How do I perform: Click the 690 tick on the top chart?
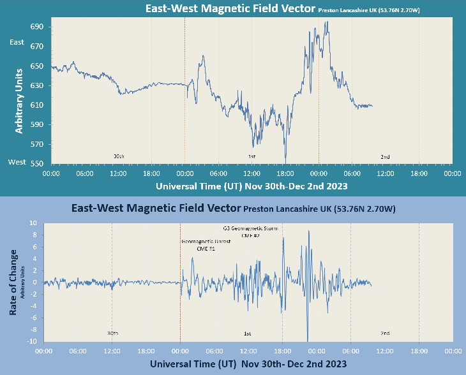pyautogui.click(x=36, y=27)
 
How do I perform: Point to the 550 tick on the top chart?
pyautogui.click(x=36, y=163)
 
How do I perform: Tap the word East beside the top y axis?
pyautogui.click(x=17, y=42)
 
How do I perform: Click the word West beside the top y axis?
pyautogui.click(x=17, y=162)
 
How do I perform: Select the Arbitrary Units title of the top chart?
pyautogui.click(x=19, y=100)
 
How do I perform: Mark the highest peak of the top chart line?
pyautogui.click(x=327, y=22)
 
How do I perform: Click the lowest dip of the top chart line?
pyautogui.click(x=285, y=160)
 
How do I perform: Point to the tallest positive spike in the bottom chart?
pyautogui.click(x=309, y=231)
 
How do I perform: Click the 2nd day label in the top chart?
pyautogui.click(x=385, y=157)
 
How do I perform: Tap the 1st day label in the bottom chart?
pyautogui.click(x=248, y=334)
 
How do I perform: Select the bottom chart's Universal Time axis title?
pyautogui.click(x=248, y=364)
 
